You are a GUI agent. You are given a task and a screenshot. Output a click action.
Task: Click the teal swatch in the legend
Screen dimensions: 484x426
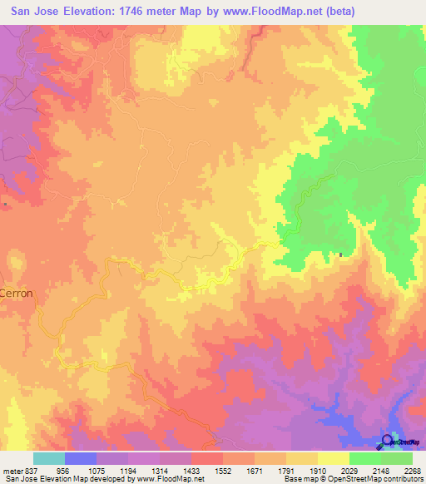(x=49, y=458)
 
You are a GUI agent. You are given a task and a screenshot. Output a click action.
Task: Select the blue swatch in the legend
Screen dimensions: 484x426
(x=81, y=458)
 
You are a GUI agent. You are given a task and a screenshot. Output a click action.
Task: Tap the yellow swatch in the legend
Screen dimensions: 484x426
(x=333, y=458)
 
